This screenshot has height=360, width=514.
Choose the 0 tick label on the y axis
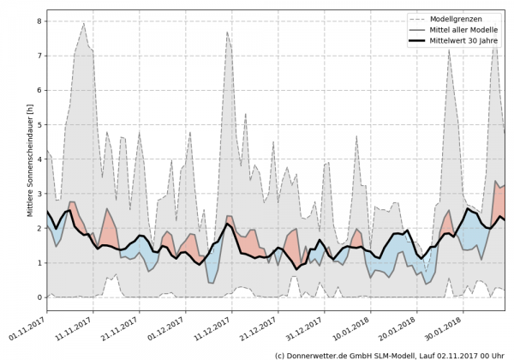coord(39,297)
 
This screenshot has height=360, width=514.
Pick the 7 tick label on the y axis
coord(39,56)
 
